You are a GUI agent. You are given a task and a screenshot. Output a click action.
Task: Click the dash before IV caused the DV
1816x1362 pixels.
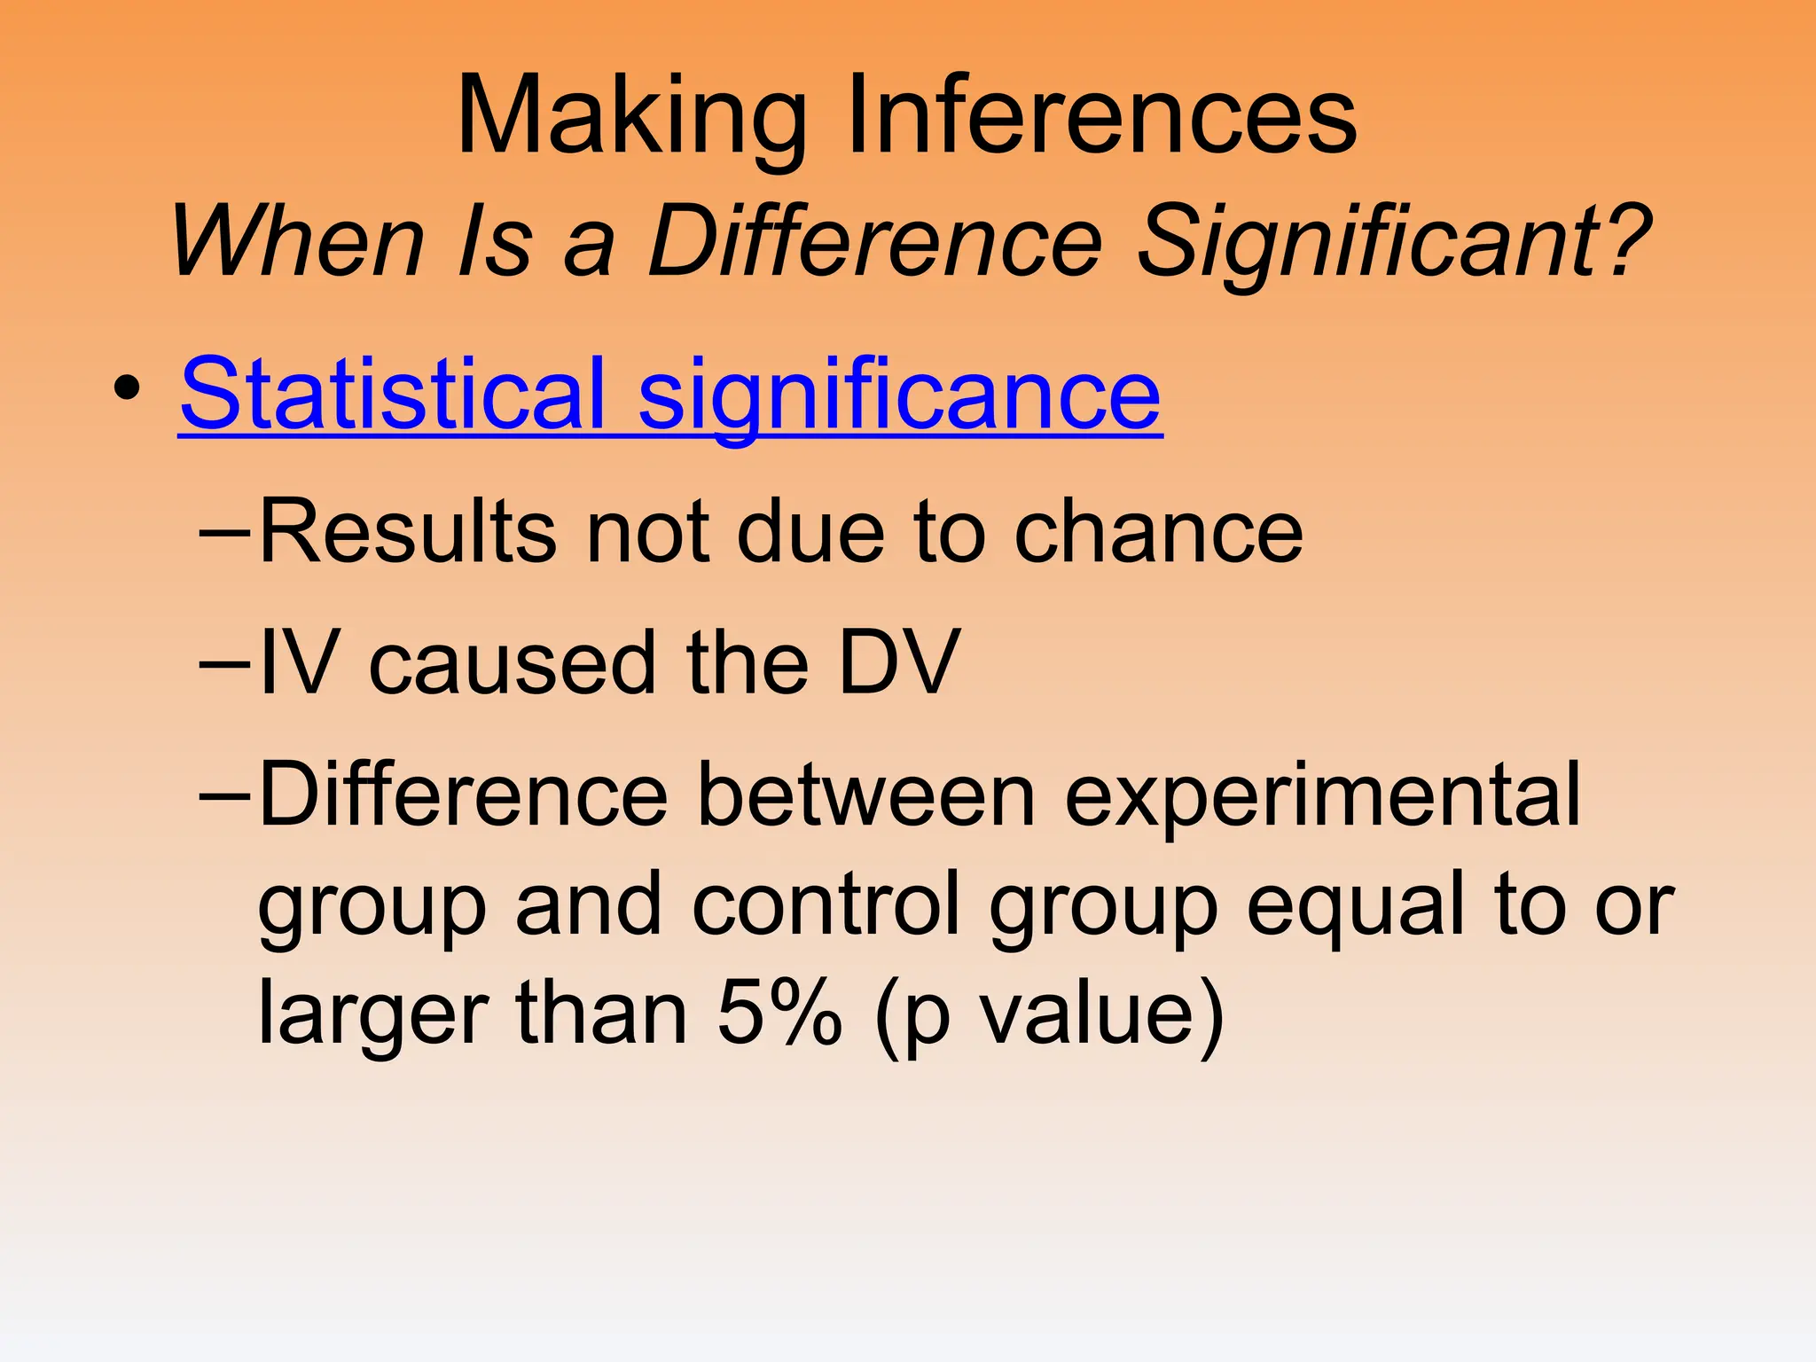226,663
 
